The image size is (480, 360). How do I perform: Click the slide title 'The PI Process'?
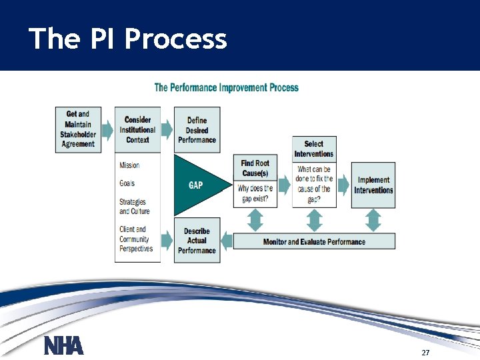128,39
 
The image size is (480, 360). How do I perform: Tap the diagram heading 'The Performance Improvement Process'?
227,87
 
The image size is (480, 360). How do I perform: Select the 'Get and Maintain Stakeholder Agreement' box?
79,129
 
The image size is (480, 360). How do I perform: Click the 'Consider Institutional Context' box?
137,130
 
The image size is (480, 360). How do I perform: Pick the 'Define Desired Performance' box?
197,130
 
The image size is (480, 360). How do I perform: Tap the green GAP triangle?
195,185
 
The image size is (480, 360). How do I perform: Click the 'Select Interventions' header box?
313,149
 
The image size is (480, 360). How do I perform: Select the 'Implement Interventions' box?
373,185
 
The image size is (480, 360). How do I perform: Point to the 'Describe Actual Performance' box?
197,241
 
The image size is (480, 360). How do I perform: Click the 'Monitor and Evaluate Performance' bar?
314,241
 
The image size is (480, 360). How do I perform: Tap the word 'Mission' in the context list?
129,165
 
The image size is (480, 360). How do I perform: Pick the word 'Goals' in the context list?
127,183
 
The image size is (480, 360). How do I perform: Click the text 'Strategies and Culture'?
135,207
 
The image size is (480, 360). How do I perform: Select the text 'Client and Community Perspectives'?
136,239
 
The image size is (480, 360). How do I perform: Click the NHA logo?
64,345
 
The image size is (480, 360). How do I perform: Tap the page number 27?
425,351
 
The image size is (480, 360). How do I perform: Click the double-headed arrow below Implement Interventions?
373,220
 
